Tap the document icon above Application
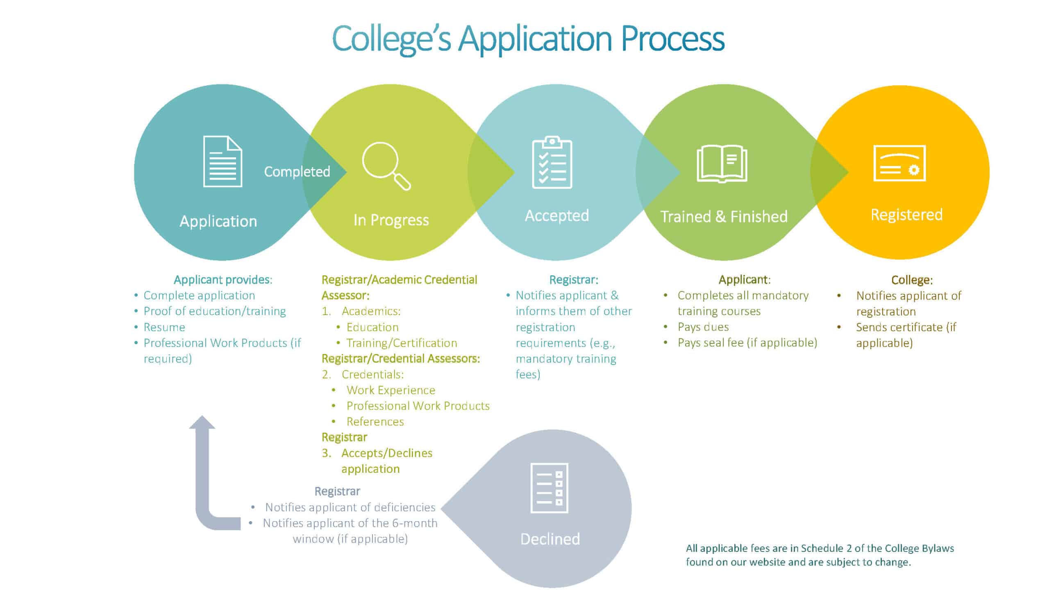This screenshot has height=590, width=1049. click(223, 161)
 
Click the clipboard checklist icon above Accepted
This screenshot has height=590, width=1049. click(552, 162)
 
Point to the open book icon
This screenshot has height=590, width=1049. click(722, 163)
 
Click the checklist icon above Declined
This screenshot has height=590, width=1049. click(549, 488)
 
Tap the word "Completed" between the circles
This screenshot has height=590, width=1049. click(297, 172)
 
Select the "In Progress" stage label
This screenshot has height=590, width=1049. click(391, 220)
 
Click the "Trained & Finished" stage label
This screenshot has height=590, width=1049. click(724, 216)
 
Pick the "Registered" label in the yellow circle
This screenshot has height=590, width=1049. click(906, 215)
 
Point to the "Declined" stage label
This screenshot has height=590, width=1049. click(550, 539)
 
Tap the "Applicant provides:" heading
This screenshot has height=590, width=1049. click(223, 280)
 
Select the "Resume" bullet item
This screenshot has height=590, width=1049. click(164, 327)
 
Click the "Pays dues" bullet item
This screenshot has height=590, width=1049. click(703, 327)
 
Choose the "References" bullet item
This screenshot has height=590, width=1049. click(375, 422)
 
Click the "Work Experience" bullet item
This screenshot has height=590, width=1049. click(391, 390)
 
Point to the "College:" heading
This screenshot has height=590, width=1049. click(912, 280)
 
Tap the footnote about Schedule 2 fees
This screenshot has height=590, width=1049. click(820, 555)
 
